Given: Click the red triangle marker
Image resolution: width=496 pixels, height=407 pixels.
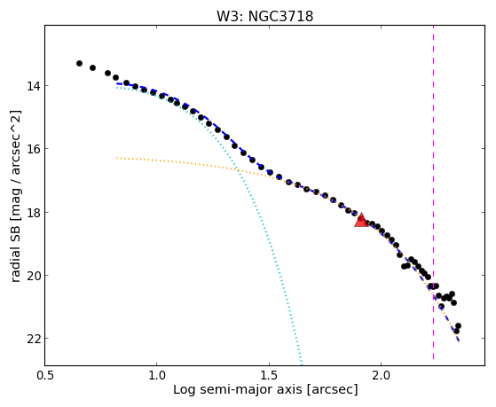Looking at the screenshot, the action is point(361,221).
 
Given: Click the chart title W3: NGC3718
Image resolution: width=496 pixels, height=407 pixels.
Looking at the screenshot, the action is point(264,16).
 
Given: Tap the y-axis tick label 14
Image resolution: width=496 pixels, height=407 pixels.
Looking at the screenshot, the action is point(31,86).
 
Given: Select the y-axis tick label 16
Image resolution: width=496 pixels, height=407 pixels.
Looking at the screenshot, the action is point(31,149).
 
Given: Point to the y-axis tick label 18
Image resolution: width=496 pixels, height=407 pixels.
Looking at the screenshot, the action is point(31,212).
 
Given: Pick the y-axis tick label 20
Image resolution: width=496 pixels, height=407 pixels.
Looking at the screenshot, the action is point(31,276).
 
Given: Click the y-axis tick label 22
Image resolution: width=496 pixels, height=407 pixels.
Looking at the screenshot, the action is point(31,339).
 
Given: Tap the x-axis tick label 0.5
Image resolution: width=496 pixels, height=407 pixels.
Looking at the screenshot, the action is point(45,376).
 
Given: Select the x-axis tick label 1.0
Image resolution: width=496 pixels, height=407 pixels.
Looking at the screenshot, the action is point(156,376).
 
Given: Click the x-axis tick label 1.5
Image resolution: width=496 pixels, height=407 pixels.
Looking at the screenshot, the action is point(269,376).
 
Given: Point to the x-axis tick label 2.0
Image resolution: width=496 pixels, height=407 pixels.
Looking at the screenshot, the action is point(382,376).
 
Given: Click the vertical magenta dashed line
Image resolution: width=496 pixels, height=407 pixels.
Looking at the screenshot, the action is point(433,192).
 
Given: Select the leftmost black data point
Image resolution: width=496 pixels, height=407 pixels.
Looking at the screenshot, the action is point(79,64).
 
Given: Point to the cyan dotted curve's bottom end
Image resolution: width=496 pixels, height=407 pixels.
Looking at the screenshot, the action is point(302,360).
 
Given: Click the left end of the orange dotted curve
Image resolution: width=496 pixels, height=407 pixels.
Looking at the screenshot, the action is point(117,158).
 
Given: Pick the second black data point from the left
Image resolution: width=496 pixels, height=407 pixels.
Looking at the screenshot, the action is point(92,67).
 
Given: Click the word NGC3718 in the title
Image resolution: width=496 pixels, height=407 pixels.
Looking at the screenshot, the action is point(281,16).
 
